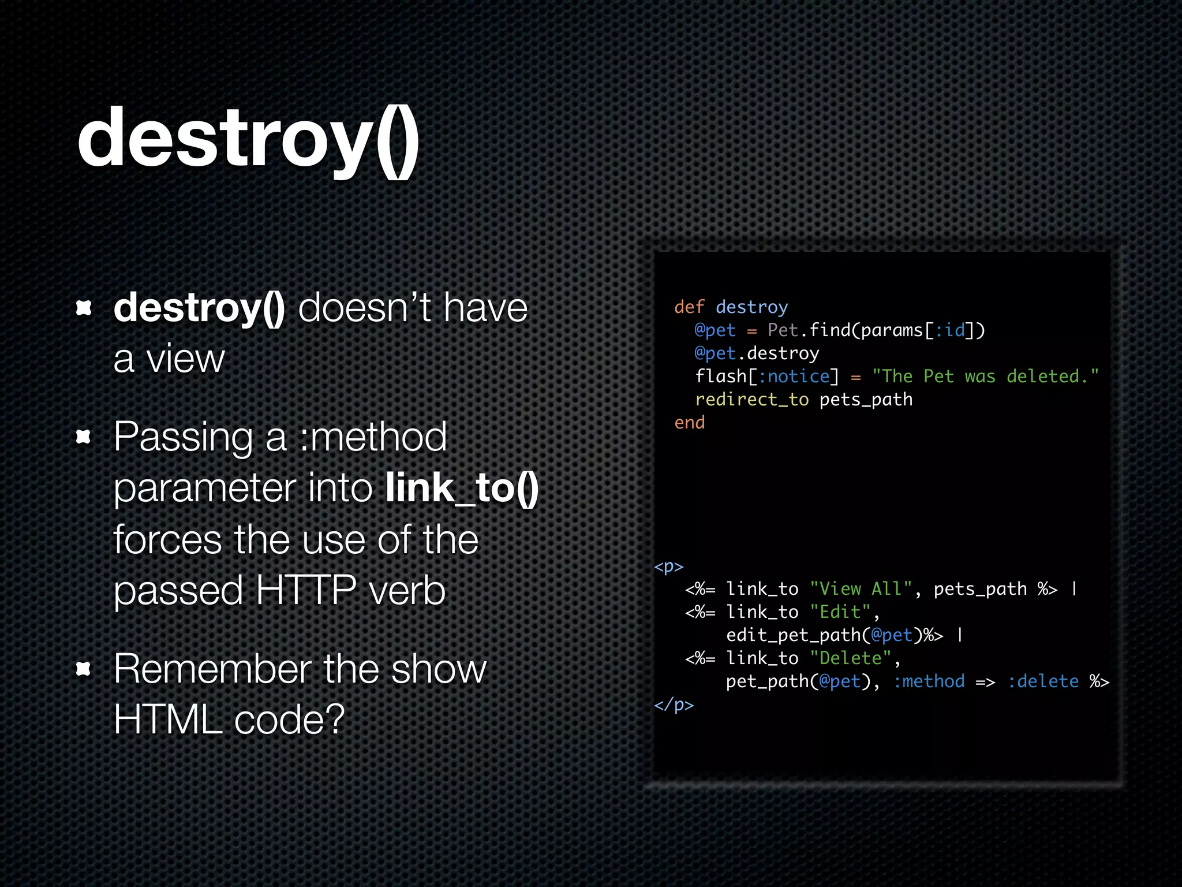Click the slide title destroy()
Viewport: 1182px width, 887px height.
248,139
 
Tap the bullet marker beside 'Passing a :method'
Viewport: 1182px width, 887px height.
84,437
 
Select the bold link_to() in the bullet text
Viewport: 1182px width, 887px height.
462,489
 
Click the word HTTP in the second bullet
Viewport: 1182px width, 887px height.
305,590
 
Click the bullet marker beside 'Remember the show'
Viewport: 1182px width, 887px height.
84,669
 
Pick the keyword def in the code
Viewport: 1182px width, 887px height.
689,307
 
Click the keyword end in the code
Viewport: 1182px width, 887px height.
689,423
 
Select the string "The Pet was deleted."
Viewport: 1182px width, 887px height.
985,377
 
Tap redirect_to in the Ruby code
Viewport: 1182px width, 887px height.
751,400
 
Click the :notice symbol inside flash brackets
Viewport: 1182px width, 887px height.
794,377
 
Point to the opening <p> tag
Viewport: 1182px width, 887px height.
668,567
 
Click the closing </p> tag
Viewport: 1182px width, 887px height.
674,705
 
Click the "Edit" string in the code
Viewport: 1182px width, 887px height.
840,612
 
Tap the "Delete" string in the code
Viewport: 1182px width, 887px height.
850,658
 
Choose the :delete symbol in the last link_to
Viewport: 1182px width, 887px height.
1043,681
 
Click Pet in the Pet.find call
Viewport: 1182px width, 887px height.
783,330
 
